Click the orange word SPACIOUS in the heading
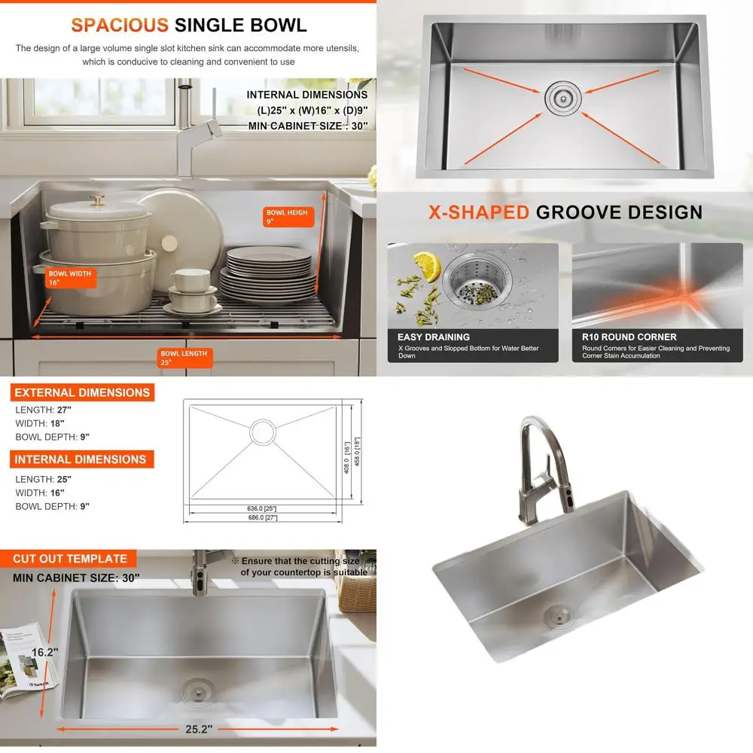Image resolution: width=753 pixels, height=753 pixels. (x=119, y=25)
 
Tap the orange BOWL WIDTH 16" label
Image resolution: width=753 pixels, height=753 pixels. (x=69, y=279)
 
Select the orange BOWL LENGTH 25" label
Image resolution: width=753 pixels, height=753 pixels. (x=184, y=357)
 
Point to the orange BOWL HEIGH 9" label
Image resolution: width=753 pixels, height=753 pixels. (x=287, y=217)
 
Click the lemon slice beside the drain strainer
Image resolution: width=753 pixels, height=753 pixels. (x=425, y=266)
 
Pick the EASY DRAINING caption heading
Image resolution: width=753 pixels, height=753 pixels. (x=433, y=337)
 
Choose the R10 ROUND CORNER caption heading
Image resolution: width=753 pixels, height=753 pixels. (x=629, y=337)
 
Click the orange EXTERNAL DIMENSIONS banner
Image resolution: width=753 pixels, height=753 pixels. (x=81, y=392)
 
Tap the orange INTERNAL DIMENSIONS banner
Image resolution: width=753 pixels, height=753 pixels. (x=80, y=459)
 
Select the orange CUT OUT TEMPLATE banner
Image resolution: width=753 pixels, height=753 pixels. (x=69, y=559)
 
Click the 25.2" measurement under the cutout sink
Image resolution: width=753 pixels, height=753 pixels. (x=198, y=730)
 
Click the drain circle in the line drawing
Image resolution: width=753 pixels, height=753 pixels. (x=264, y=432)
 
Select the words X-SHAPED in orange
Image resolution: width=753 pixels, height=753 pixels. (x=479, y=212)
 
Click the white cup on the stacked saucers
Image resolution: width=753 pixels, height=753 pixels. (x=189, y=281)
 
